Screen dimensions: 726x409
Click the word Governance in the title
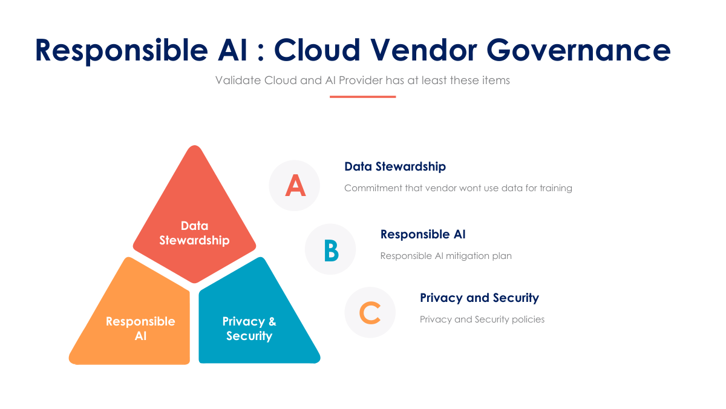pos(578,50)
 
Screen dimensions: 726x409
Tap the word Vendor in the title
pos(423,50)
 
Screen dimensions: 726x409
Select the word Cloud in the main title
pos(317,50)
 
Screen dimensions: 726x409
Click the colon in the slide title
pos(261,52)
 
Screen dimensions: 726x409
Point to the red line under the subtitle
pos(362,97)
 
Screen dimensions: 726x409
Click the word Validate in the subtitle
pos(238,80)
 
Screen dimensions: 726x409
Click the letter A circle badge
pos(294,185)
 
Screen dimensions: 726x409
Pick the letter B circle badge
pos(330,249)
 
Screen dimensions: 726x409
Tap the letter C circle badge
pos(370,312)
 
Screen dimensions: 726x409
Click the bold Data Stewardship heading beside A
pos(395,166)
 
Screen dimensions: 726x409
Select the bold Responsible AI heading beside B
pos(423,234)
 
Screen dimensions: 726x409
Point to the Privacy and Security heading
pos(479,298)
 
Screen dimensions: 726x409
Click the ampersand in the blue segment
pos(272,321)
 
